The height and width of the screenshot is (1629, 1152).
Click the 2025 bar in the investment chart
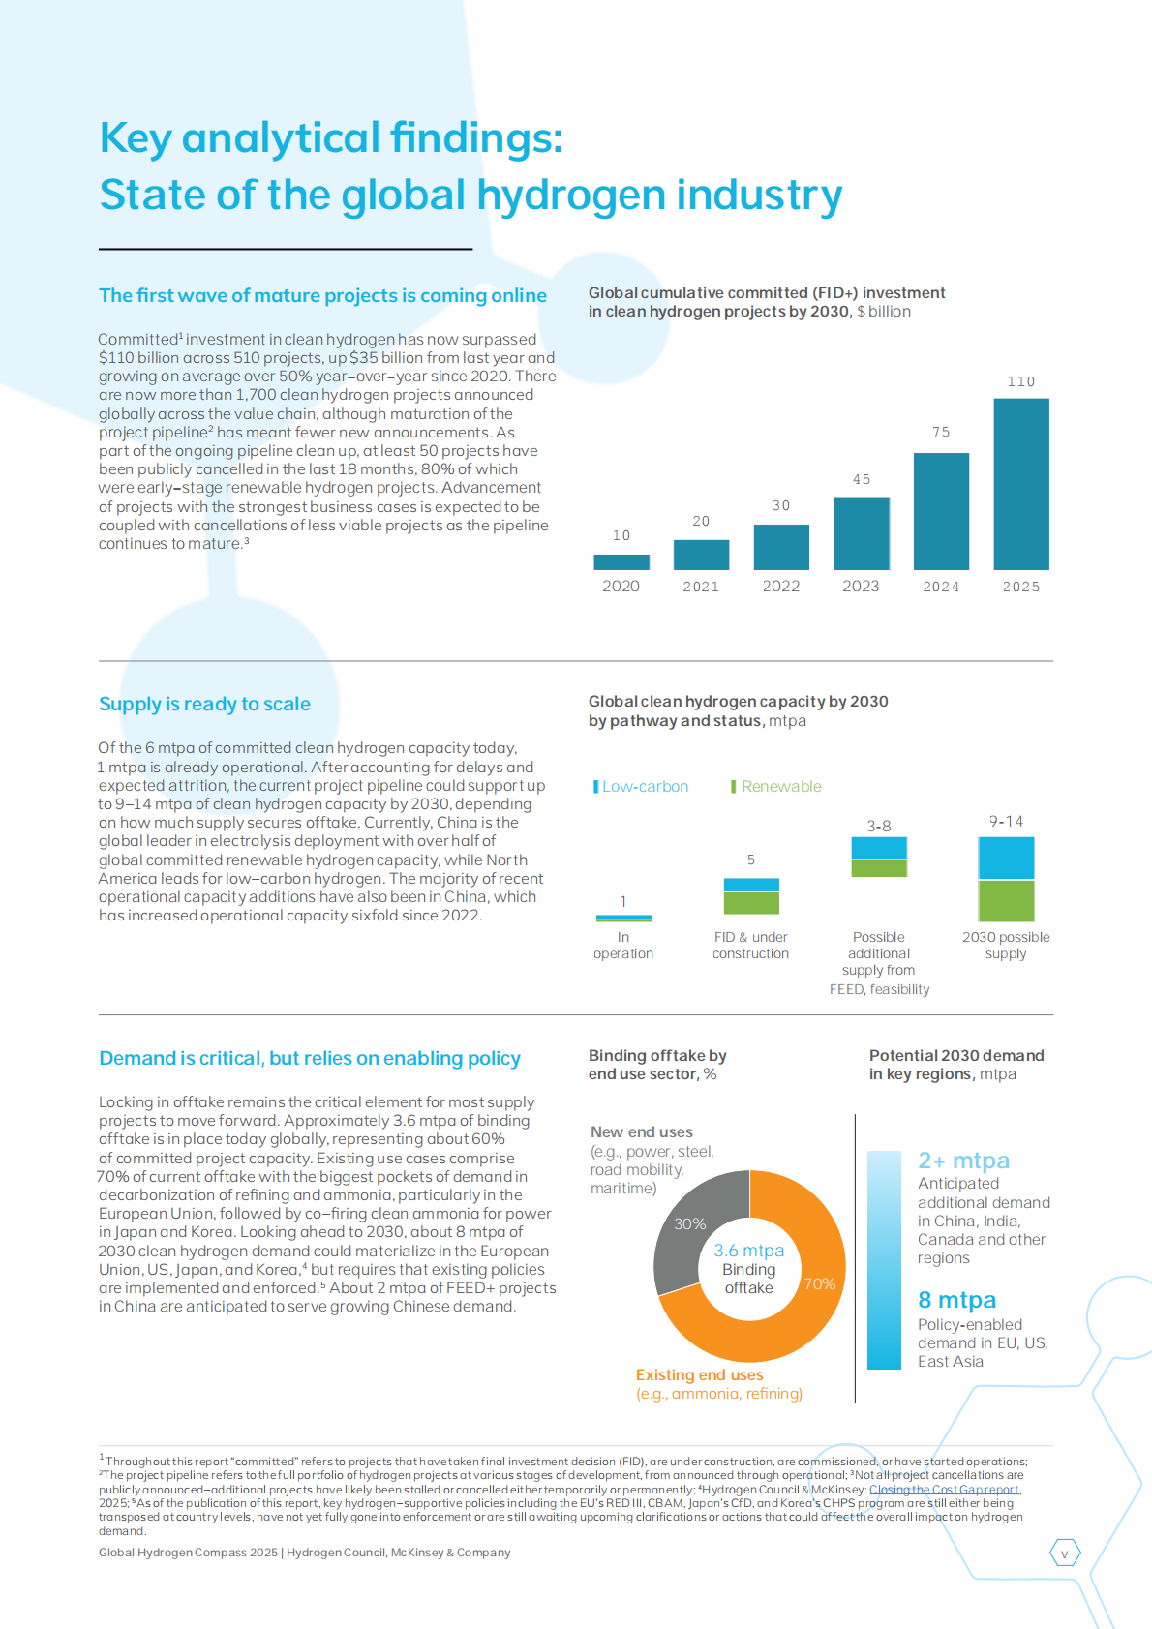[x=1021, y=484]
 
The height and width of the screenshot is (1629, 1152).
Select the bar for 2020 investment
[x=621, y=561]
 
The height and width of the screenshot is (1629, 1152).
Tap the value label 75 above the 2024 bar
[x=941, y=432]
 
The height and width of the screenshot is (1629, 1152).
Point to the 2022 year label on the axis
[x=781, y=587]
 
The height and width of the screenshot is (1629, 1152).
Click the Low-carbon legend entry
[x=641, y=786]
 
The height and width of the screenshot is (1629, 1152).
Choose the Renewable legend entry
[x=776, y=786]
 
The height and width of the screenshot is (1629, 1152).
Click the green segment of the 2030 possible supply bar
[x=1006, y=900]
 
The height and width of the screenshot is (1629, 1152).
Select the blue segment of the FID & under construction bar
[x=751, y=885]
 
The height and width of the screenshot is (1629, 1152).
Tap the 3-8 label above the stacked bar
[x=879, y=827]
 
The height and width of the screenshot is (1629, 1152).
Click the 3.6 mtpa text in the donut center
[x=749, y=1251]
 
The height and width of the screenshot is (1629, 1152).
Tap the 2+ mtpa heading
[x=963, y=1160]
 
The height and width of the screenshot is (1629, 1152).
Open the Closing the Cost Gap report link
[x=944, y=1489]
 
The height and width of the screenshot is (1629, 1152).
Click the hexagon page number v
[x=1065, y=1554]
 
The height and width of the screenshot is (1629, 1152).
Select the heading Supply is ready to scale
[x=204, y=704]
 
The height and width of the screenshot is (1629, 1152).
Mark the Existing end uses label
[x=700, y=1374]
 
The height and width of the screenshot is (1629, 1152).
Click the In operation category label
[x=623, y=946]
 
